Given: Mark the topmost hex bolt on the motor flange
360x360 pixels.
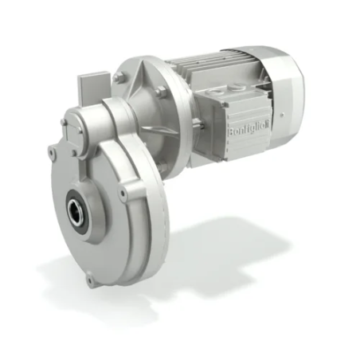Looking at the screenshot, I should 119,77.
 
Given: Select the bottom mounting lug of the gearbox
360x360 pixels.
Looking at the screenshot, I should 90,280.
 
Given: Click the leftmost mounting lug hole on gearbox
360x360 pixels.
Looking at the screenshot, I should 52,150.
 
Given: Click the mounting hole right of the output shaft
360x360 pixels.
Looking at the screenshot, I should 123,194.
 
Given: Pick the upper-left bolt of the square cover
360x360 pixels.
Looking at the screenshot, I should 65,123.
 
